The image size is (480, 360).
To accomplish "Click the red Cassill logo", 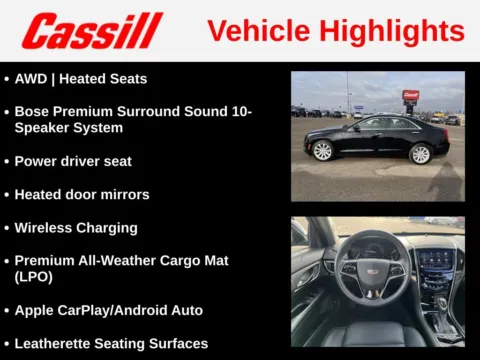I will point(92,31).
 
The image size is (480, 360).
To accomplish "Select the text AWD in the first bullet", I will point(31,78).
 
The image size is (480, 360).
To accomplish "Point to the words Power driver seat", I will point(73,161).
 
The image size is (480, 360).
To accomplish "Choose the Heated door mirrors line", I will point(82,194).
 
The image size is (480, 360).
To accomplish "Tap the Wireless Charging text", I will point(76,227).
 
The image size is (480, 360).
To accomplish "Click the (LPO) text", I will point(33,276).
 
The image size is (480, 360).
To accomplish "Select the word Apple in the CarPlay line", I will point(34,310).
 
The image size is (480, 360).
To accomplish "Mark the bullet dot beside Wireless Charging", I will point(6,228).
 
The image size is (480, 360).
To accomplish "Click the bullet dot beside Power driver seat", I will point(6,161).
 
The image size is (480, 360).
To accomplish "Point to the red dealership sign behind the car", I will point(411,96).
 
